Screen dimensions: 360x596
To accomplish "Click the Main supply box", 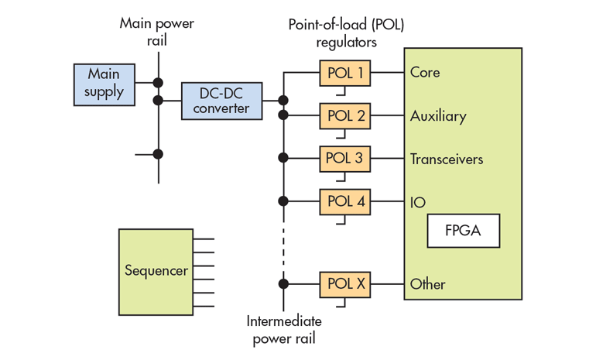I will click(x=104, y=83).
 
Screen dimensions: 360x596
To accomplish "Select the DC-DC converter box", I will click(x=221, y=100).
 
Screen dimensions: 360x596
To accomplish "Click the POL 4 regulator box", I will click(x=345, y=201).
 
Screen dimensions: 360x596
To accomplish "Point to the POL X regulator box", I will click(x=345, y=283).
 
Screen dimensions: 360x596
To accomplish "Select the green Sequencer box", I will click(x=156, y=271).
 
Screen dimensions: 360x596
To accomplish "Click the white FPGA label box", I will click(x=463, y=231).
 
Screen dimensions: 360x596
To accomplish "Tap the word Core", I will click(x=425, y=73).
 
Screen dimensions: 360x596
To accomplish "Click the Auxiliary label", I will click(x=438, y=116).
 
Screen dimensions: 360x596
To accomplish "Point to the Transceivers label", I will click(x=447, y=159).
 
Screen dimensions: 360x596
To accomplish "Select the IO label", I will click(x=418, y=202).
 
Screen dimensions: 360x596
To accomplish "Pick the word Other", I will click(x=428, y=284).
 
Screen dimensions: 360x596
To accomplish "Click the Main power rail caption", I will click(x=156, y=31).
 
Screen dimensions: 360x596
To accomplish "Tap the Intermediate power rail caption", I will click(x=283, y=329).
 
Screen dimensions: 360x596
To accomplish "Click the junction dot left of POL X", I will click(x=283, y=283).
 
